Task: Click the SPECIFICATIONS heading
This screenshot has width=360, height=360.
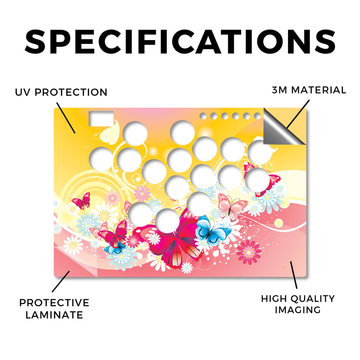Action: pyautogui.click(x=180, y=42)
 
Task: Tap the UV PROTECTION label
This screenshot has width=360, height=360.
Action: pyautogui.click(x=61, y=92)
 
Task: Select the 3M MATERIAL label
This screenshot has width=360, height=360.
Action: pyautogui.click(x=309, y=90)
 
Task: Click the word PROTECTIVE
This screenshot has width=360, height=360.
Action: pyautogui.click(x=54, y=303)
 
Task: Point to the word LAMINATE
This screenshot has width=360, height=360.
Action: pyautogui.click(x=54, y=315)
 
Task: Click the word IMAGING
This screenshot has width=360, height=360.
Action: pyautogui.click(x=298, y=310)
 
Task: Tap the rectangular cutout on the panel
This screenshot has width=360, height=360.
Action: pyautogui.click(x=101, y=118)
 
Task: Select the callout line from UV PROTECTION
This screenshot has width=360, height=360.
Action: pyautogui.click(x=66, y=118)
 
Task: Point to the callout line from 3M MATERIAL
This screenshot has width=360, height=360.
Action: pyautogui.click(x=298, y=114)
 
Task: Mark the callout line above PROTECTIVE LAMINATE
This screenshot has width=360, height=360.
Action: pyautogui.click(x=61, y=282)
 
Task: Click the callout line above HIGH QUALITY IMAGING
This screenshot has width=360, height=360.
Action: pyautogui.click(x=294, y=275)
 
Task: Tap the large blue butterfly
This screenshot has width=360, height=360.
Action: pyautogui.click(x=212, y=231)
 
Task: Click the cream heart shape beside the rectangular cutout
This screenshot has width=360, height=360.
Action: pyautogui.click(x=110, y=134)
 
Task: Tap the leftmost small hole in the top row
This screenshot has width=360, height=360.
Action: pyautogui.click(x=203, y=116)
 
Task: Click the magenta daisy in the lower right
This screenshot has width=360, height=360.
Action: pyautogui.click(x=249, y=252)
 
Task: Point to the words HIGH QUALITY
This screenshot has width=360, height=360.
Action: pyautogui.click(x=298, y=299)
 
